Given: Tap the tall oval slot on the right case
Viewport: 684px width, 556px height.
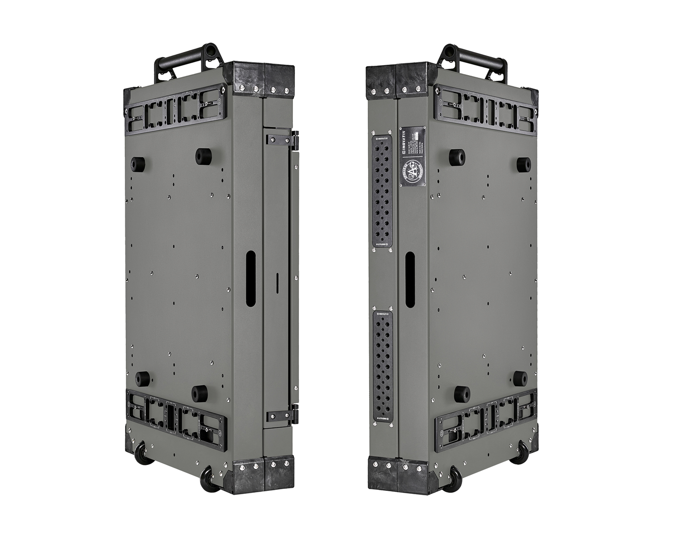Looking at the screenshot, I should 409,279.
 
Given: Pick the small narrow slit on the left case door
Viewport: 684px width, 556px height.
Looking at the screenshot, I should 277,284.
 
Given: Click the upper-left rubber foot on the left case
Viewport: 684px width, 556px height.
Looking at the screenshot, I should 137,164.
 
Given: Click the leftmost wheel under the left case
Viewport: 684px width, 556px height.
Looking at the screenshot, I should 144,453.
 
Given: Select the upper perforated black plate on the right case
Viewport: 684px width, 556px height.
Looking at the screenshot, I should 382,192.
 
